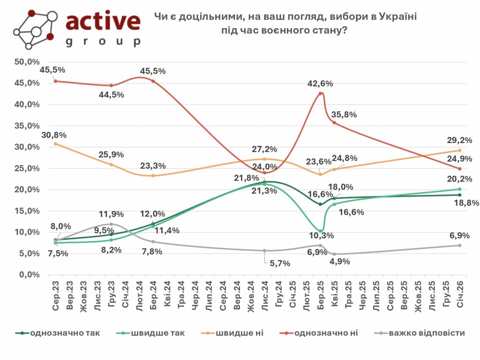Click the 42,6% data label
pos(320,84)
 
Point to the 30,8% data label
pos(54,135)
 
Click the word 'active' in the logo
pos(103,22)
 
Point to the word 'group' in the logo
pos(103,42)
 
